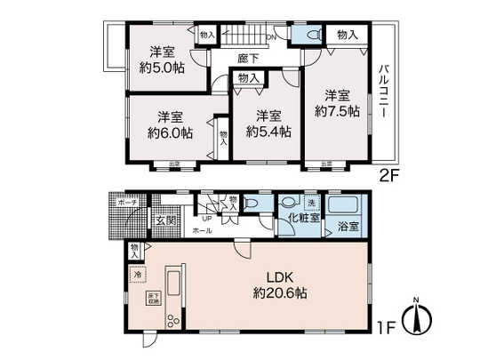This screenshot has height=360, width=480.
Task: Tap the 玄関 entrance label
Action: point(167,220)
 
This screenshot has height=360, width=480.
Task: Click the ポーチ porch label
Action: point(124,203)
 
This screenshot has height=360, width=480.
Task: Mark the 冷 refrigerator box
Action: point(138,276)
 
